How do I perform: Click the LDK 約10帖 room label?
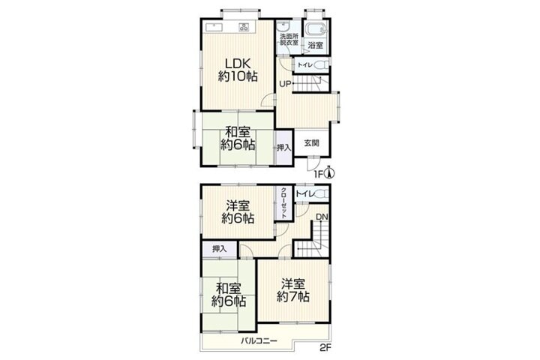coord(238,70)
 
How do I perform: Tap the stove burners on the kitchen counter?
coord(244,27)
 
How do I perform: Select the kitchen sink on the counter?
coord(214,27)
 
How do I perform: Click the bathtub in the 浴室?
coord(316,29)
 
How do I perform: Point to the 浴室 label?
coord(315,45)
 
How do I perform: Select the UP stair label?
coord(285,84)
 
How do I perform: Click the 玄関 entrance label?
coord(311,143)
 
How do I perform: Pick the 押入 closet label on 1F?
coord(284,148)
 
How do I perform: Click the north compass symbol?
coord(330,172)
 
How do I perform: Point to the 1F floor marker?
coord(318,175)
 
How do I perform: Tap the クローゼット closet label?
coord(283,203)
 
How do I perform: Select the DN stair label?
coord(322,217)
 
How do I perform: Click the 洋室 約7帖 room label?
coord(293,290)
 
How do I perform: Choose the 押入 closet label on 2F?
coord(220,249)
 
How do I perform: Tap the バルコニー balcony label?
coord(259,341)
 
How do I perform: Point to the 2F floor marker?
coord(325,348)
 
